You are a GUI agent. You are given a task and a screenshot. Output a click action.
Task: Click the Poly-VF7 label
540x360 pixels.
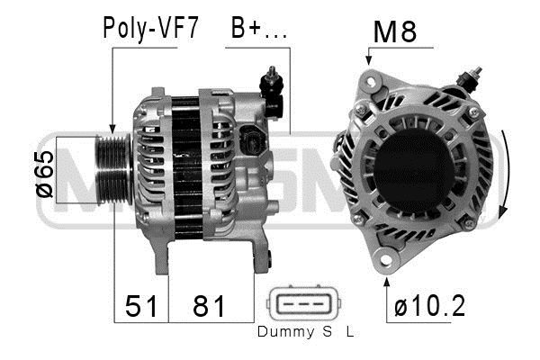(x=150, y=28)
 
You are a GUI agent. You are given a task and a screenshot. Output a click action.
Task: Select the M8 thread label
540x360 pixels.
(x=395, y=31)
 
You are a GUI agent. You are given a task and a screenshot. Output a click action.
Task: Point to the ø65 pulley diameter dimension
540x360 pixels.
(x=45, y=174)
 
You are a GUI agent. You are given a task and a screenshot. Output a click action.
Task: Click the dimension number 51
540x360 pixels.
(x=141, y=306)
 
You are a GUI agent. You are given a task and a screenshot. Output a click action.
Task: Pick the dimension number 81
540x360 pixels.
(x=209, y=306)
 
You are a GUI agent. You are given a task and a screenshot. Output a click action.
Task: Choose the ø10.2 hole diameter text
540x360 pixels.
(x=429, y=306)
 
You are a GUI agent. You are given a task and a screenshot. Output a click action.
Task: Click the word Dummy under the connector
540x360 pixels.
(x=285, y=332)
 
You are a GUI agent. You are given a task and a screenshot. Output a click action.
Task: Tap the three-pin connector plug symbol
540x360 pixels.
(x=303, y=303)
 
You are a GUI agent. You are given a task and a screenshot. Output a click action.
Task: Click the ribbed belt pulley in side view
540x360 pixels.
(x=113, y=170)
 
